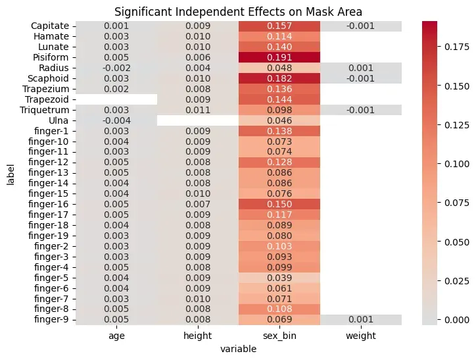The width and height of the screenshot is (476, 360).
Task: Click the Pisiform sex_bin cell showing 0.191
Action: click(279, 57)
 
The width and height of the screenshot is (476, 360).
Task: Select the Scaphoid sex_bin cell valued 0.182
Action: click(279, 78)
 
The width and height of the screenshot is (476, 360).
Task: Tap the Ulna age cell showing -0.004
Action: click(116, 120)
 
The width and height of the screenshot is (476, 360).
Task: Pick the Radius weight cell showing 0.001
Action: click(361, 68)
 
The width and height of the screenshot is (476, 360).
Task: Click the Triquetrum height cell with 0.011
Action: click(198, 110)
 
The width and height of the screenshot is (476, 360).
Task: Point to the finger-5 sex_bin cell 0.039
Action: click(279, 278)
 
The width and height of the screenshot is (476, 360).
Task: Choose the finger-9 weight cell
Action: click(361, 319)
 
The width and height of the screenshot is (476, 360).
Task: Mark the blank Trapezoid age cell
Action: click(116, 99)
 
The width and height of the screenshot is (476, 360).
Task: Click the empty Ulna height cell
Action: click(198, 120)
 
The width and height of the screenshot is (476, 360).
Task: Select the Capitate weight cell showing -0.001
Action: click(361, 26)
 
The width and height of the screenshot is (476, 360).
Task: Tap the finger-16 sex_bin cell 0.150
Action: click(279, 204)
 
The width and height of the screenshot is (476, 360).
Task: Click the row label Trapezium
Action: click(45, 89)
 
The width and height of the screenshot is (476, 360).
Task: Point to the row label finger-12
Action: click(48, 162)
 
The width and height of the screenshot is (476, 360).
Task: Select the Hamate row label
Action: click(51, 36)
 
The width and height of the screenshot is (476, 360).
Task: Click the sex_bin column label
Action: click(279, 336)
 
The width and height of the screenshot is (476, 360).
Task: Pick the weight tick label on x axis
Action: click(361, 336)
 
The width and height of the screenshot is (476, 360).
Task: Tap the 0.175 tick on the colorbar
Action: click(457, 47)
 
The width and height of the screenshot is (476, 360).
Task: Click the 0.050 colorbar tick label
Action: click(457, 242)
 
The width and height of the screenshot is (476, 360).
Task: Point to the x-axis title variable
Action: click(238, 349)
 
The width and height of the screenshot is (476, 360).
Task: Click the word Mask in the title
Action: click(318, 12)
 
